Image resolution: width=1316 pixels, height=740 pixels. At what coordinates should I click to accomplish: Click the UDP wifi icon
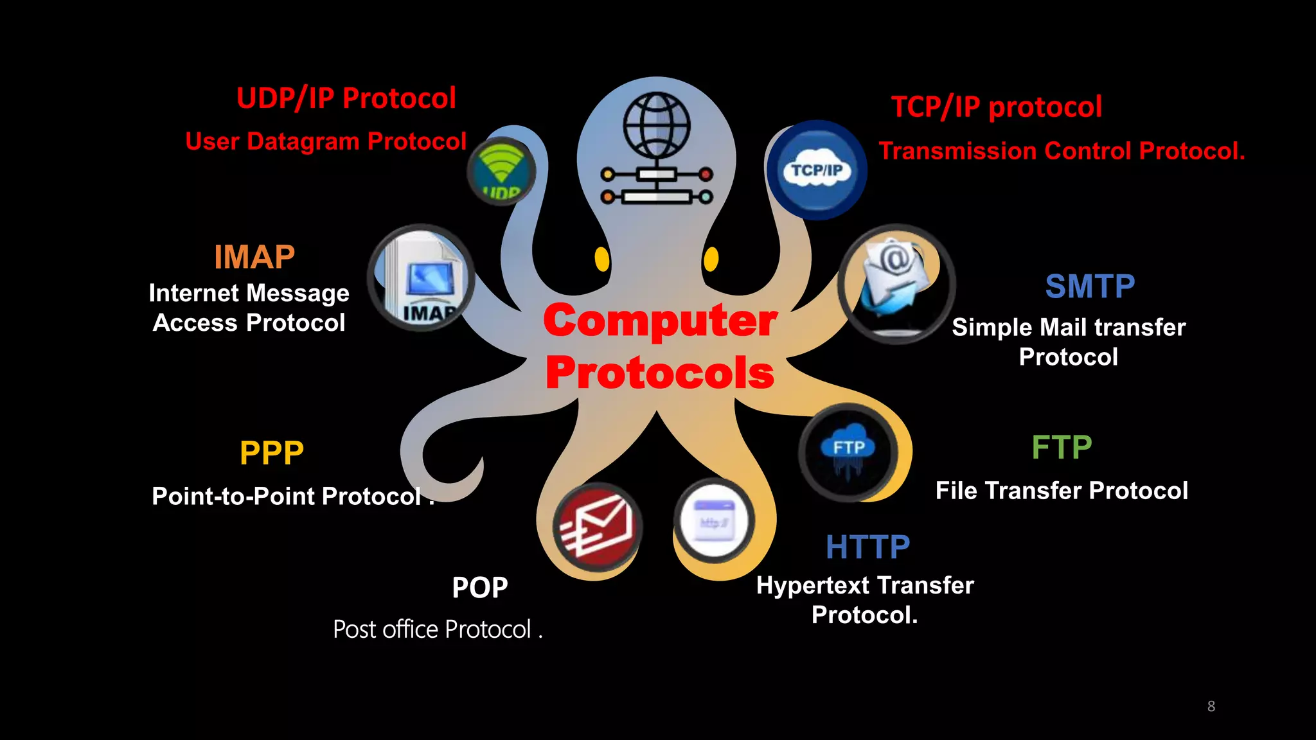(x=501, y=171)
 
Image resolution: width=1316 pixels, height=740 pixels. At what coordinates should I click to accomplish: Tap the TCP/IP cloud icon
(x=817, y=170)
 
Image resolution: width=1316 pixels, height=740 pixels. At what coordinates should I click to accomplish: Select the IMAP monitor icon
(x=422, y=278)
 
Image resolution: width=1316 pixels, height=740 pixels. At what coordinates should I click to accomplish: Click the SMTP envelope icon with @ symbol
(x=896, y=283)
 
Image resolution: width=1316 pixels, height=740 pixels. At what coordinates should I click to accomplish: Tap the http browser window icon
(x=713, y=520)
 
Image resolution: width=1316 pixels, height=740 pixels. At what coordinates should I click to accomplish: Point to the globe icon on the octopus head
(x=657, y=125)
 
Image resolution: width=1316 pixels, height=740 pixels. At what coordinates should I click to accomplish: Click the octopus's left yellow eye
(x=602, y=259)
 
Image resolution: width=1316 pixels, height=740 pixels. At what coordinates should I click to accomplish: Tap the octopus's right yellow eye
(x=711, y=259)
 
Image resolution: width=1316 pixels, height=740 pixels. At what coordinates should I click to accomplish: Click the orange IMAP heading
(x=254, y=257)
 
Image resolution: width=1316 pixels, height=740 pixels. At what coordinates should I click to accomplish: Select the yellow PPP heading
(x=271, y=453)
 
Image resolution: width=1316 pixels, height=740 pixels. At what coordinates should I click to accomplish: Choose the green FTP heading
(x=1062, y=447)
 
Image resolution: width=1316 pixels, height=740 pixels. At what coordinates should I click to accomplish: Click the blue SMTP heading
(x=1090, y=286)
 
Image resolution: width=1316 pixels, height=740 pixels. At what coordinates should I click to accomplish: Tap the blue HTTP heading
(x=867, y=547)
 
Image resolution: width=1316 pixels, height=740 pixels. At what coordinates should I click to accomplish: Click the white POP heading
(x=479, y=588)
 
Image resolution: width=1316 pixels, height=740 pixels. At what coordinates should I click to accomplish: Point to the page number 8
(x=1211, y=706)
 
